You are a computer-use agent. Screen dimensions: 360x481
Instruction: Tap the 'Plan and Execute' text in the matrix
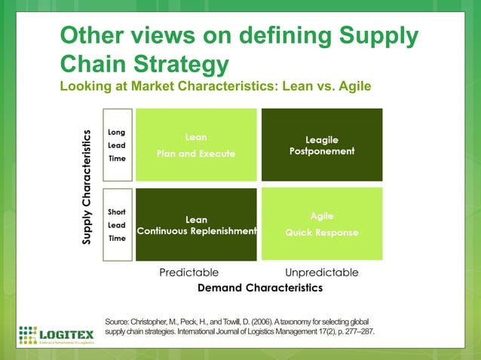coord(195,154)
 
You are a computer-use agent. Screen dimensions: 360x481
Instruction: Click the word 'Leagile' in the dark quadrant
coord(321,139)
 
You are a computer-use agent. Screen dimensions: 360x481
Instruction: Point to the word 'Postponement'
coord(321,151)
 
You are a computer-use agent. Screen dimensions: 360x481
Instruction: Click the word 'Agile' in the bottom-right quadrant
coord(322,216)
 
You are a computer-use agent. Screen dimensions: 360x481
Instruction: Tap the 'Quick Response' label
coord(322,233)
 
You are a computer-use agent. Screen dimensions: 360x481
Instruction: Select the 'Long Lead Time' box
coord(116,145)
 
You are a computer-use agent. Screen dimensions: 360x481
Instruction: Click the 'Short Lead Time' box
coord(116,224)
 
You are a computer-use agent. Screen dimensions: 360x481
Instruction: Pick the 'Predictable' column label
coord(188,272)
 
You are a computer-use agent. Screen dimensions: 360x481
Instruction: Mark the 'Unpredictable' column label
coord(322,272)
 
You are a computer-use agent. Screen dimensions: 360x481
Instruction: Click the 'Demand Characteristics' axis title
coord(259,288)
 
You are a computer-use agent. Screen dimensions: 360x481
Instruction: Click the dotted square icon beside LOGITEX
coord(27,334)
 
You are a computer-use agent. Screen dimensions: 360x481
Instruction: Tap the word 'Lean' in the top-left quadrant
coord(195,138)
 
